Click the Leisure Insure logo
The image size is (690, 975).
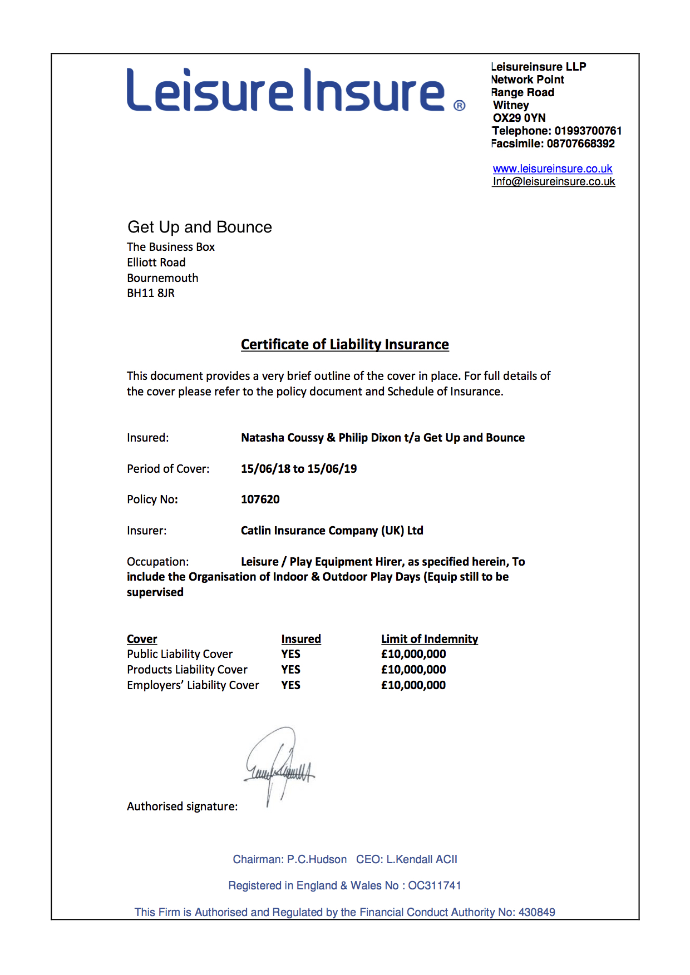click(x=286, y=90)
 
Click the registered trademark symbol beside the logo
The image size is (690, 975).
click(x=460, y=106)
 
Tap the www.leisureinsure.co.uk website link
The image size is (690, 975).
click(x=552, y=169)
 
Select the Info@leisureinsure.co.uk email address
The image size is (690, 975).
click(x=554, y=181)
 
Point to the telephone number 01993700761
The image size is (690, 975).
click(x=588, y=131)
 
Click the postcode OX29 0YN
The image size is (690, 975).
click(x=519, y=118)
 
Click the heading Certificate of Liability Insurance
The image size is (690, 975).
click(x=344, y=344)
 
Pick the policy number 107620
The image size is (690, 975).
click(x=260, y=499)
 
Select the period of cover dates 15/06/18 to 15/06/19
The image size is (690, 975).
click(x=299, y=469)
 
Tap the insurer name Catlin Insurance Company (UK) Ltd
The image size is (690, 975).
click(x=332, y=531)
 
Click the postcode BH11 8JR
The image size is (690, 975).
click(x=151, y=293)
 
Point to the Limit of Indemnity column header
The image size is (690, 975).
click(x=429, y=639)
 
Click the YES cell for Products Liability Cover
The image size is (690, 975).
click(x=290, y=670)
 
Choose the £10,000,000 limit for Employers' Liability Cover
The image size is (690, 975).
click(x=413, y=685)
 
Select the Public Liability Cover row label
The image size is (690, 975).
click(x=180, y=654)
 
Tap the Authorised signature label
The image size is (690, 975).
click(x=182, y=806)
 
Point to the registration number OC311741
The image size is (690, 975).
click(x=435, y=885)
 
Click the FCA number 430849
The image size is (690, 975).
click(x=536, y=912)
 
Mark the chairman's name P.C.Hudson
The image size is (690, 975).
click(x=317, y=859)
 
